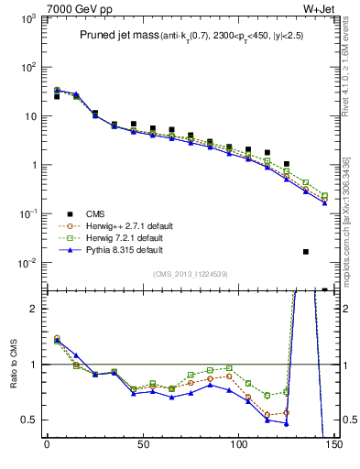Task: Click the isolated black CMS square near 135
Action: point(305,251)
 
